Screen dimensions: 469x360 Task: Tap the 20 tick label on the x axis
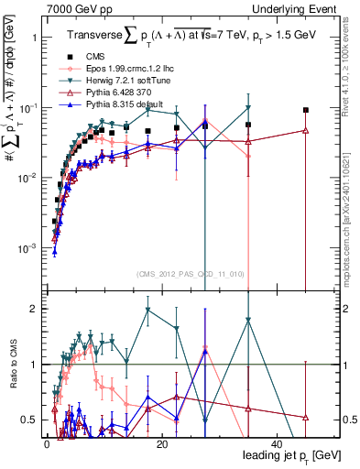coord(161,443)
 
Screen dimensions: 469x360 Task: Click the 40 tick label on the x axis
coord(277,443)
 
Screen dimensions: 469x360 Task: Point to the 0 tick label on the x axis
coord(46,443)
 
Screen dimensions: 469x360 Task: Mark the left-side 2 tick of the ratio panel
coord(36,309)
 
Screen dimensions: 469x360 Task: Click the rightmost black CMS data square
coord(306,110)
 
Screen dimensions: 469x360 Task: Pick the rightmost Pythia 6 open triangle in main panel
coord(306,130)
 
